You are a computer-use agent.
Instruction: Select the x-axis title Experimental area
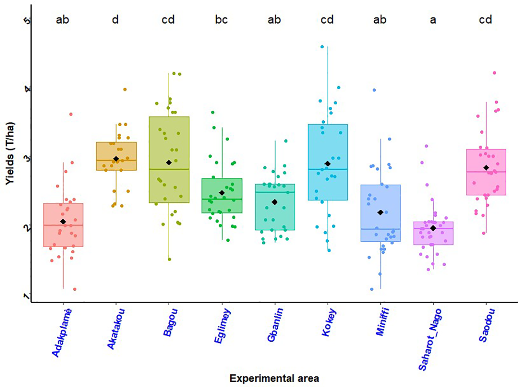click(274, 378)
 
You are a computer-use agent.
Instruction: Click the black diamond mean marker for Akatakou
click(116, 159)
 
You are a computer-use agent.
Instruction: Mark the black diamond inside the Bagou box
click(168, 162)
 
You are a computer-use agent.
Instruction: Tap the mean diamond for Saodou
click(486, 168)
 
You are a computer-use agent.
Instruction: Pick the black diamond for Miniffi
click(381, 212)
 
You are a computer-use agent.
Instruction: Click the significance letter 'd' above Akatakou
click(116, 20)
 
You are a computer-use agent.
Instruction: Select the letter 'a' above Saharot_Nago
click(433, 20)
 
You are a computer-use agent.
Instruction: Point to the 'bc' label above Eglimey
click(221, 20)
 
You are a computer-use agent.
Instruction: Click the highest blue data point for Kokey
click(322, 47)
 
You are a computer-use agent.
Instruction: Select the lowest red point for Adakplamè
click(75, 289)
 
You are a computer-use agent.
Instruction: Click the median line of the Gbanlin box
click(274, 192)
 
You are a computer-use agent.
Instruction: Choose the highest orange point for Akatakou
click(125, 89)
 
